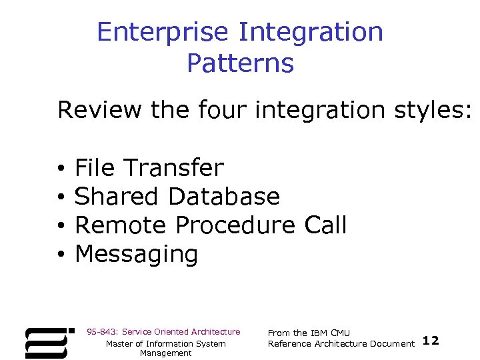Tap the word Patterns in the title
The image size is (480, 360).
[240, 64]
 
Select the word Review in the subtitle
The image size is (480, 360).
[101, 110]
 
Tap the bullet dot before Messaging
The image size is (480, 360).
[60, 255]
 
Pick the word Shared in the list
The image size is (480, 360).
[117, 197]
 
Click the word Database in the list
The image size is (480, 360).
[224, 197]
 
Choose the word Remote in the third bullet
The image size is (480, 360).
[121, 225]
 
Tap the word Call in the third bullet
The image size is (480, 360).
[325, 225]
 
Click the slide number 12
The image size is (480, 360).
[431, 341]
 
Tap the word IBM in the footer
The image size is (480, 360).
[319, 333]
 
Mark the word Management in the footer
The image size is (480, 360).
[165, 353]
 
